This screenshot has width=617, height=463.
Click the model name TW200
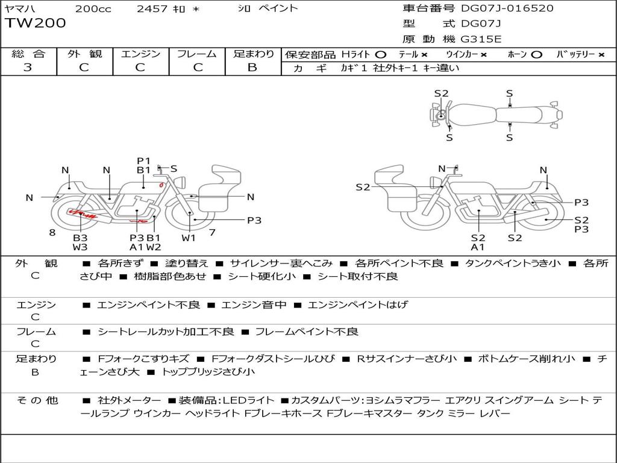tap(36, 23)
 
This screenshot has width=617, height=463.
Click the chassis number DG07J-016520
tap(507, 8)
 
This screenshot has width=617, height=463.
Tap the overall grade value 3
tap(28, 68)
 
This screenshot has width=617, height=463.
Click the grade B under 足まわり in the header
tap(252, 68)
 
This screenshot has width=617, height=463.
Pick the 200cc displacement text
tap(93, 8)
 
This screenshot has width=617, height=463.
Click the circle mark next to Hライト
tap(381, 55)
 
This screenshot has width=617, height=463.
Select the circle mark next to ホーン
tap(537, 55)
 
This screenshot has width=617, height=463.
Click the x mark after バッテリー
tap(601, 55)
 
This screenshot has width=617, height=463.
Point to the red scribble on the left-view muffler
tap(83, 214)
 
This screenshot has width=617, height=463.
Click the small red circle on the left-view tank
tap(161, 184)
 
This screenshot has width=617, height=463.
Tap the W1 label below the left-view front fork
tap(189, 238)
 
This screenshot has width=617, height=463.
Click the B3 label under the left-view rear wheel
tap(80, 238)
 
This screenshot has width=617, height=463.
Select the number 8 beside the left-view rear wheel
tap(52, 233)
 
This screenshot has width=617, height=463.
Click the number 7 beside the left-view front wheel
tap(212, 233)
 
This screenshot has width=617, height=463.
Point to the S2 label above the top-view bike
tap(441, 93)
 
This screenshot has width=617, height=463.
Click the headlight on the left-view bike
tap(181, 183)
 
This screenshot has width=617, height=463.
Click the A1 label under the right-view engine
tap(478, 247)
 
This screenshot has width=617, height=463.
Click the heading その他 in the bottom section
tap(37, 400)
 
